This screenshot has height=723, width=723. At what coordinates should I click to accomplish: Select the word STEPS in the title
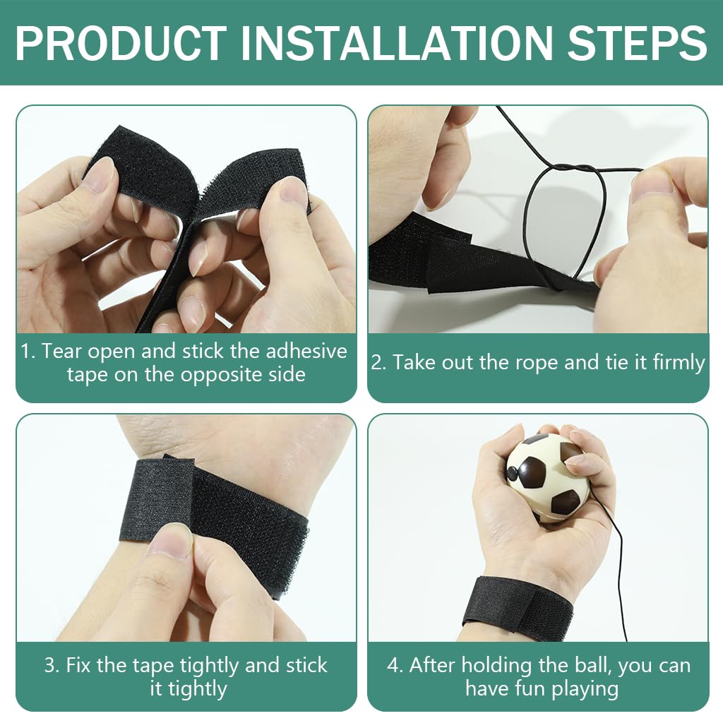(635, 43)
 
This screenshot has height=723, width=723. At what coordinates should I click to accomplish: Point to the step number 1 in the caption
(27, 352)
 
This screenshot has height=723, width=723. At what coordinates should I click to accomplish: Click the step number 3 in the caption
(52, 665)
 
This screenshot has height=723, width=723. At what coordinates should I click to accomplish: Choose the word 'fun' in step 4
(540, 688)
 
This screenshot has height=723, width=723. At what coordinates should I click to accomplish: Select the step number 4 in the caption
(394, 665)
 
